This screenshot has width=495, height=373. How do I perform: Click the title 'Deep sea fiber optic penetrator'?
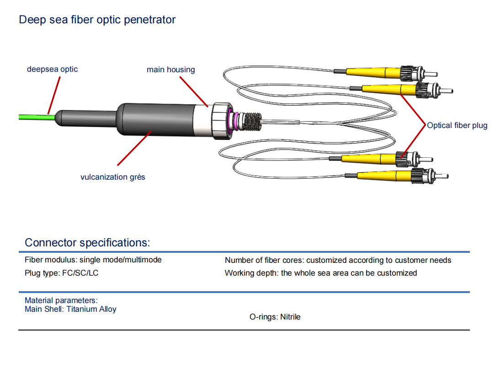coord(97,20)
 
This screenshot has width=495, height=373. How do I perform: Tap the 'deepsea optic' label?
coord(52,69)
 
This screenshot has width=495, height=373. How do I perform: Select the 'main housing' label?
coord(170,70)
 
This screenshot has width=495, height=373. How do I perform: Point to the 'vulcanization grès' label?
coord(112,177)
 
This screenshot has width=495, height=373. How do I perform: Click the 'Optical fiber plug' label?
coord(457,126)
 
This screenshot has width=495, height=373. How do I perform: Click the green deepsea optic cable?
coord(32,117)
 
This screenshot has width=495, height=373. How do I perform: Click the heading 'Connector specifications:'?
coord(87,242)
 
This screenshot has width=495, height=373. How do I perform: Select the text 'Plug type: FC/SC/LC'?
coord(62,273)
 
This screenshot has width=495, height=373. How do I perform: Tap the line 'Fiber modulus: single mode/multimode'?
coord(93,260)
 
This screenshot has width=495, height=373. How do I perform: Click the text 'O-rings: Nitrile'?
coord(275,317)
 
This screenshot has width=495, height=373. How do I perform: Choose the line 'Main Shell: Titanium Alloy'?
coord(70,309)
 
